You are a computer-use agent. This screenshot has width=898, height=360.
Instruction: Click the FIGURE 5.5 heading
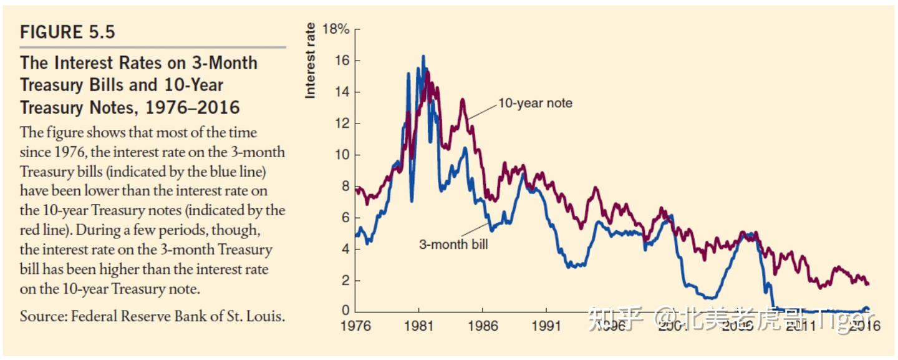tap(67, 32)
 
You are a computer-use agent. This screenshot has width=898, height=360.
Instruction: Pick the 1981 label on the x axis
tap(418, 326)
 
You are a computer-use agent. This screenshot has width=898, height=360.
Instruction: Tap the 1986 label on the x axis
tap(482, 326)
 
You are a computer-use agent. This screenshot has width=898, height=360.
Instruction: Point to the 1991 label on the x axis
tap(546, 326)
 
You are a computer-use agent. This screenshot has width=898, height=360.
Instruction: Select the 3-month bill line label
tap(453, 245)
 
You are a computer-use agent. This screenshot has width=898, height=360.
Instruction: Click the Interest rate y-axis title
tap(310, 60)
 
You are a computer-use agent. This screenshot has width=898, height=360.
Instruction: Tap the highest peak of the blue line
tap(423, 56)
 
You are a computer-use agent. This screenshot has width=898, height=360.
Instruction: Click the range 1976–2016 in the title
tap(192, 107)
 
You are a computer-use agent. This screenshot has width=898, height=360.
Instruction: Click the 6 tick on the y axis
tap(345, 218)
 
